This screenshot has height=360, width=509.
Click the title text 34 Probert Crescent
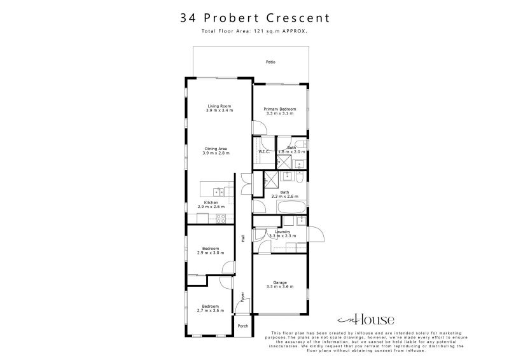254,18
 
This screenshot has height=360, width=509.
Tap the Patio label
271,62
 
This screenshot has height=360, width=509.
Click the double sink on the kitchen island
218,190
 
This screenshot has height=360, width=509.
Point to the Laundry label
282,232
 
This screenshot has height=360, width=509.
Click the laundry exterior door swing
317,237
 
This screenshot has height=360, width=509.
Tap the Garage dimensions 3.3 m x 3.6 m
279,287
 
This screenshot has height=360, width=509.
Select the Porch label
242,326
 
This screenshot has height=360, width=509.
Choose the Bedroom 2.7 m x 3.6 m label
210,308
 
